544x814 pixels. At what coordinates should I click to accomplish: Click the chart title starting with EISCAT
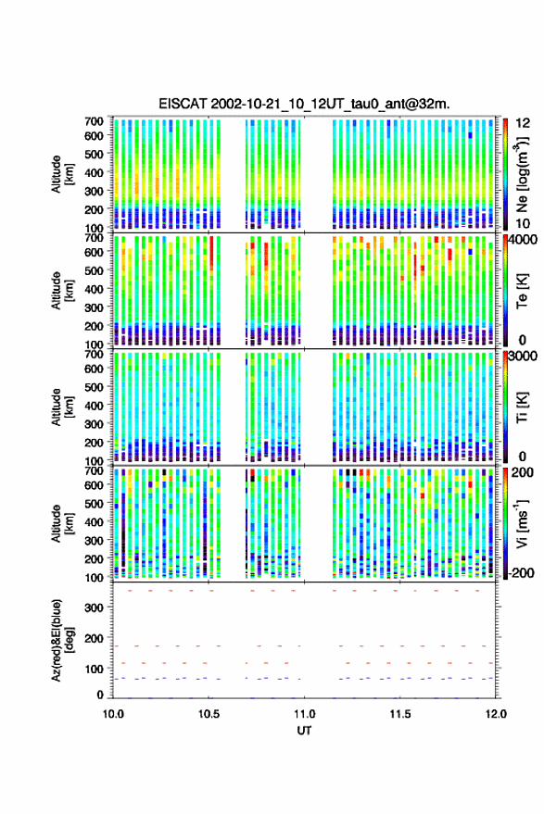tap(304, 104)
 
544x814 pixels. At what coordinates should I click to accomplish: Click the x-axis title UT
tap(304, 731)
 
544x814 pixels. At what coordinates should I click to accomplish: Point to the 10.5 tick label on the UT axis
tap(209, 714)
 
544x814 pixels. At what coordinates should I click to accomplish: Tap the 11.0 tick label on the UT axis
tap(304, 714)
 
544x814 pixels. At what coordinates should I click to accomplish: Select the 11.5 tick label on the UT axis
tap(399, 714)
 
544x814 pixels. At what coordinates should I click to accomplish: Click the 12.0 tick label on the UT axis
tap(495, 714)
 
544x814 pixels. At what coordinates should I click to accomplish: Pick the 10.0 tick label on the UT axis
tap(113, 714)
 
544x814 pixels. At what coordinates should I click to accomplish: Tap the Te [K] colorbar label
tap(522, 291)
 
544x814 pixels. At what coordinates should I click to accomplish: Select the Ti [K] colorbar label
tap(522, 407)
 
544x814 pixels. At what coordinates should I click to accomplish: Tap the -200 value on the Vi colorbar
tap(521, 573)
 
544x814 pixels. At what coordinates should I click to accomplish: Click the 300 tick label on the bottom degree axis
tap(94, 607)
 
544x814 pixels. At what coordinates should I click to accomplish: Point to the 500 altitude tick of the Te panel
tap(94, 270)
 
